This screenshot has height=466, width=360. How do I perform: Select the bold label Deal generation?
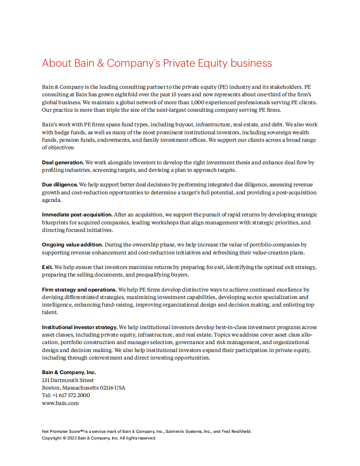click(x=63, y=163)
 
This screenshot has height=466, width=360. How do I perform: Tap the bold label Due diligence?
click(x=60, y=184)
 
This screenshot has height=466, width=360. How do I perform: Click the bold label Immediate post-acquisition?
click(x=77, y=215)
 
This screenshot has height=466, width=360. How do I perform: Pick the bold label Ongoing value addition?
click(x=72, y=244)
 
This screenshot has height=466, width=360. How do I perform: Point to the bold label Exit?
click(x=47, y=267)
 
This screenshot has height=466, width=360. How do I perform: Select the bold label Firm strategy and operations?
click(x=73, y=290)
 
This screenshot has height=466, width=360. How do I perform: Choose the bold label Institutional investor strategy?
click(x=80, y=327)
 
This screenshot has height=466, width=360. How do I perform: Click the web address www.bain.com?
click(x=61, y=403)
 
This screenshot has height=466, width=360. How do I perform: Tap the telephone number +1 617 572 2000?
click(x=71, y=395)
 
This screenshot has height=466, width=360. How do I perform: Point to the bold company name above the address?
click(x=69, y=372)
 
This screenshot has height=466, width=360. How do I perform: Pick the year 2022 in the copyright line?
click(x=73, y=438)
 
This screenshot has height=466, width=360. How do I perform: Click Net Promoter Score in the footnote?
click(x=59, y=432)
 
